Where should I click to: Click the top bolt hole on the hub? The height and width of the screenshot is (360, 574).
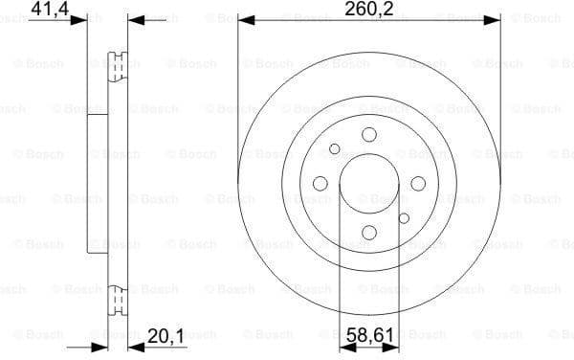tap(369, 135)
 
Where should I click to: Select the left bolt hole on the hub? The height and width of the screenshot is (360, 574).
tap(320, 184)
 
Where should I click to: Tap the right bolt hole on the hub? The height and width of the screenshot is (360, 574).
tap(418, 184)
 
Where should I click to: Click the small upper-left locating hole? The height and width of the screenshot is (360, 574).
tap(335, 149)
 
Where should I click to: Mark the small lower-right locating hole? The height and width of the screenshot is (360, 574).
tap(404, 218)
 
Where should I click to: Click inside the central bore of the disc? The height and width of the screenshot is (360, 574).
tap(369, 184)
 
